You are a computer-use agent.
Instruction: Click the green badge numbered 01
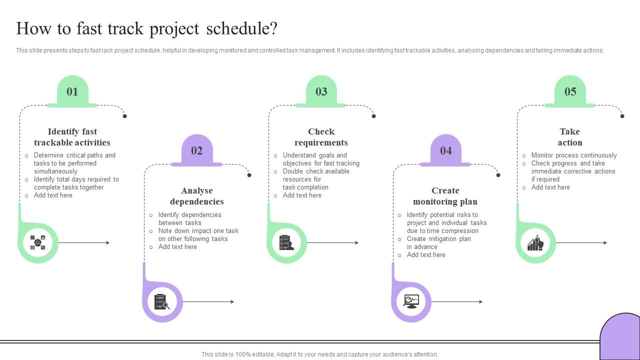(x=72, y=91)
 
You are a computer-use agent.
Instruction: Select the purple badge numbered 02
(x=196, y=150)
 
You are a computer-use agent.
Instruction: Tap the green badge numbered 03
(x=321, y=91)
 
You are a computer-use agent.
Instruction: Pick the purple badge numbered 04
(x=445, y=150)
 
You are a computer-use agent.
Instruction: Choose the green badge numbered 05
(x=570, y=91)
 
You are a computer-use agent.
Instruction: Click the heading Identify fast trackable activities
(x=72, y=137)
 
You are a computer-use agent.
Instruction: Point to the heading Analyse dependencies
(x=196, y=196)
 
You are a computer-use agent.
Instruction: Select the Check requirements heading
(x=321, y=137)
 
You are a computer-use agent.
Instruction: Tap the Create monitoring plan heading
(x=445, y=196)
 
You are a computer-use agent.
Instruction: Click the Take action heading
(x=569, y=137)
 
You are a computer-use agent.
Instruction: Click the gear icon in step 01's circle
(x=38, y=243)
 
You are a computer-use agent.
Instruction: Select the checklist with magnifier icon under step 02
(x=162, y=302)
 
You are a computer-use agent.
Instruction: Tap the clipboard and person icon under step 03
(x=286, y=243)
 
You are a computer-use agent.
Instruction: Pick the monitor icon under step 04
(x=411, y=301)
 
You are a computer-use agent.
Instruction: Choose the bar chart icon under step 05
(x=535, y=243)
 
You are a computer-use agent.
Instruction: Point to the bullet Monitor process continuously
(x=573, y=155)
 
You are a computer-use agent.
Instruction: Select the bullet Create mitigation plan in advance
(x=438, y=242)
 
